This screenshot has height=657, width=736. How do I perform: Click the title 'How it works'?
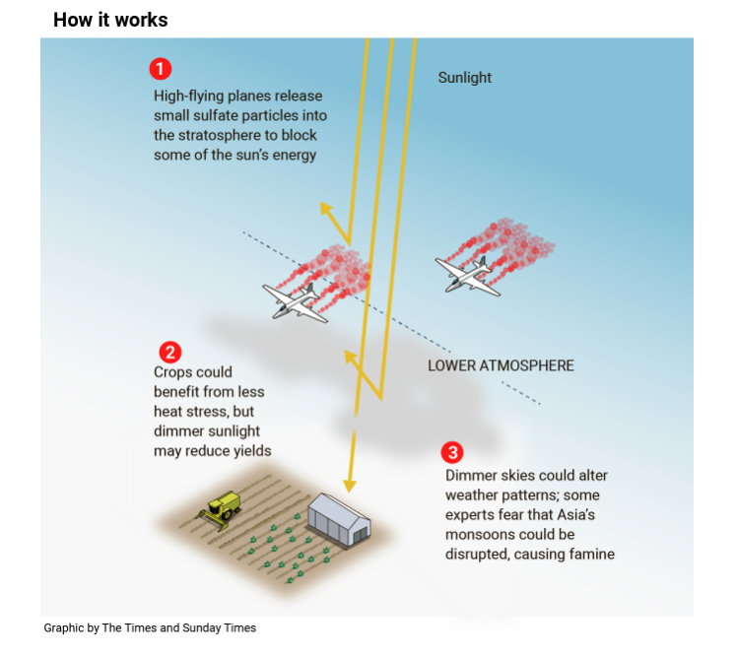(x=110, y=20)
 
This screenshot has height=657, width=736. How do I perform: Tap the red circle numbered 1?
(x=160, y=70)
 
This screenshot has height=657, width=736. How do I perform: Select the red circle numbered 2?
(x=169, y=352)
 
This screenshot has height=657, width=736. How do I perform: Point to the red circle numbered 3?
(x=452, y=452)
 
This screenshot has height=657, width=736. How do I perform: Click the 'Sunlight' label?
(x=464, y=78)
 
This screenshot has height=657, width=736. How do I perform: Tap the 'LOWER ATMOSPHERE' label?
(x=501, y=365)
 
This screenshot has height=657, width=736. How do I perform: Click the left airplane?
(x=292, y=300)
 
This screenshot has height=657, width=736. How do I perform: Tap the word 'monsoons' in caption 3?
(x=483, y=535)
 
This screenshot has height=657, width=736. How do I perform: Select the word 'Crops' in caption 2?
(x=173, y=372)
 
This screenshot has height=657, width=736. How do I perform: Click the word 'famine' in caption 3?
(x=591, y=555)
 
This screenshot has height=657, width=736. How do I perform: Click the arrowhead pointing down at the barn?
(x=349, y=485)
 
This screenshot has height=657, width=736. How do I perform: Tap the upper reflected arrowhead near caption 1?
(x=325, y=209)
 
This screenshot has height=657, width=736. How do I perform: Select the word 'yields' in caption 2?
(x=250, y=450)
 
